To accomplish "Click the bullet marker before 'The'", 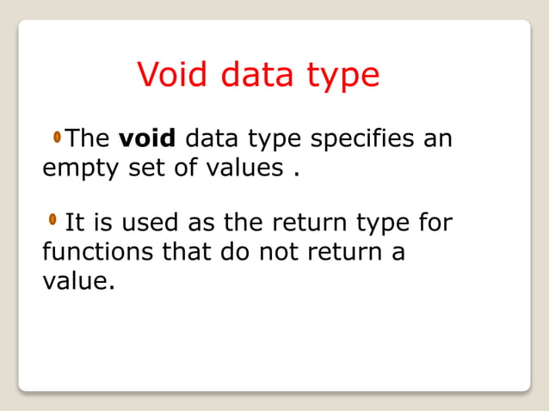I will click(x=57, y=137).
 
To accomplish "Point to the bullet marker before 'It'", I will click(x=54, y=221).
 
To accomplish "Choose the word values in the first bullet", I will click(x=240, y=167).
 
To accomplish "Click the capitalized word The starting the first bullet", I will click(x=88, y=138).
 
